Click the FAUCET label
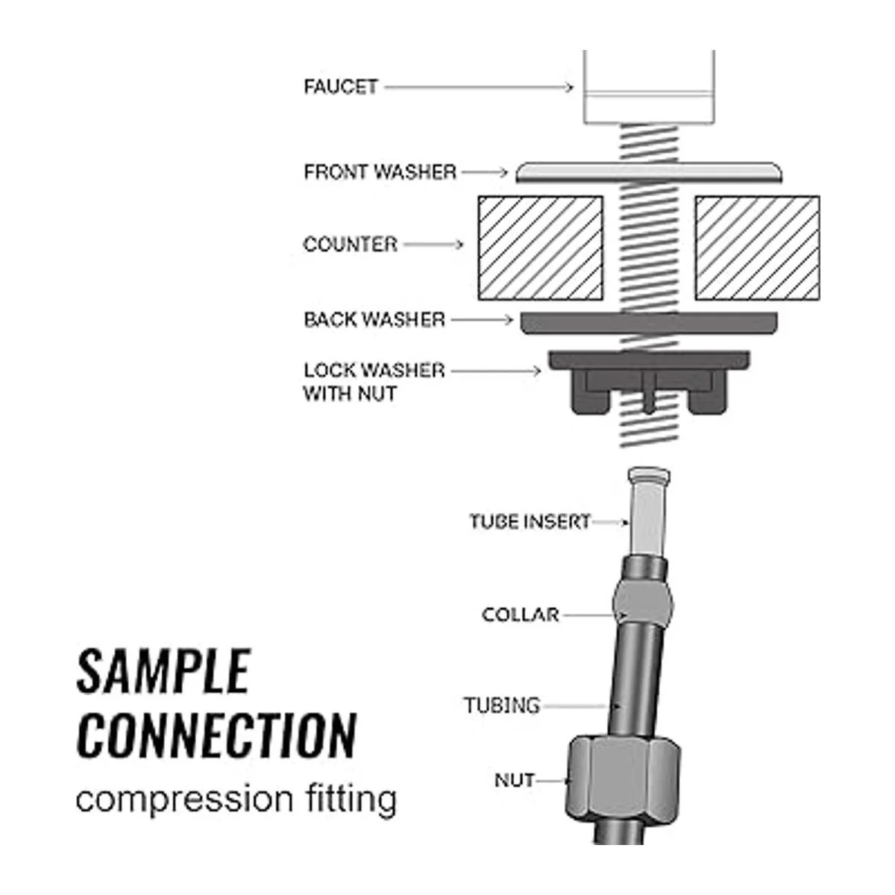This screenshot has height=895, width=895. point(341,87)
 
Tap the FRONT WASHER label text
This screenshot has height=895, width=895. point(380,172)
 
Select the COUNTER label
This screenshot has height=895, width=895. point(350,245)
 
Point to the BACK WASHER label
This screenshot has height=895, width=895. point(374,320)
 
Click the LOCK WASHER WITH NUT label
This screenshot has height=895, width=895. point(373,381)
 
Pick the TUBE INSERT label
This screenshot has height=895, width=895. point(530,521)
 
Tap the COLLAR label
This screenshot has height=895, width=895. point(520,615)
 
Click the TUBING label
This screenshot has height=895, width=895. point(501,705)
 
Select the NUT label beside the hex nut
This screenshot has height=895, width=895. point(515,781)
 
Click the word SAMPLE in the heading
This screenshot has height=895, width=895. point(163,671)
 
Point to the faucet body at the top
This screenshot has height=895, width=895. point(649,86)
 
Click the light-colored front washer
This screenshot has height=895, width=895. point(649,172)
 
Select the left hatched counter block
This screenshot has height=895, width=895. point(540,248)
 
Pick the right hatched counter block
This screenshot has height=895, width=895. point(757,248)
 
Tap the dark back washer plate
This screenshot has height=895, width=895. point(649,322)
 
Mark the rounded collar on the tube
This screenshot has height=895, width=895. point(644,600)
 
